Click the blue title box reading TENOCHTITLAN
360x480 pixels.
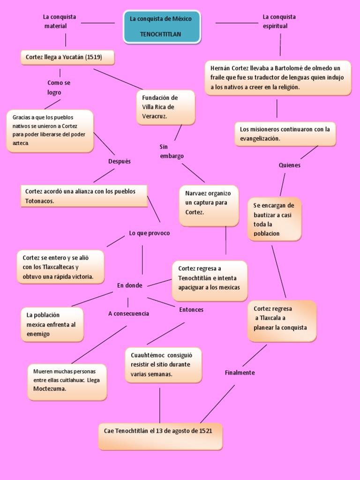point(162,27)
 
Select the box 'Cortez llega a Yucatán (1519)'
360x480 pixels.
point(67,57)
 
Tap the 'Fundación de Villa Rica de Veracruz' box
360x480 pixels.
point(165,107)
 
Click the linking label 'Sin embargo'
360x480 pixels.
point(172,151)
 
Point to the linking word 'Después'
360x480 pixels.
point(120,161)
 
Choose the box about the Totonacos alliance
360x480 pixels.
point(84,196)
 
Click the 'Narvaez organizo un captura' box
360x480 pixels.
point(209,206)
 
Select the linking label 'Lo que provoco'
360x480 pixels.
point(150,233)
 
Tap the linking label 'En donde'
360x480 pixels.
point(130,285)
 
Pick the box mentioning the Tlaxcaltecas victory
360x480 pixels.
point(60,267)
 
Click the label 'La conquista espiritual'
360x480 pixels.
point(279,22)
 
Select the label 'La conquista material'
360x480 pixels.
point(60,22)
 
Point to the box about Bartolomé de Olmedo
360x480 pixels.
point(278,78)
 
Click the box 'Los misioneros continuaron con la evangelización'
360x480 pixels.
point(285,134)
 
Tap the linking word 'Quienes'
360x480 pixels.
point(290,165)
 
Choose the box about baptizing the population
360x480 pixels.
point(275,219)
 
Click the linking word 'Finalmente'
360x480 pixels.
point(240,373)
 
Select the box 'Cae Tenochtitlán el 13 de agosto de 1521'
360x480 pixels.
point(160,436)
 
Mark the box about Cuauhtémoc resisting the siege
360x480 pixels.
point(164,365)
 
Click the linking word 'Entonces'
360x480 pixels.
point(191,310)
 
